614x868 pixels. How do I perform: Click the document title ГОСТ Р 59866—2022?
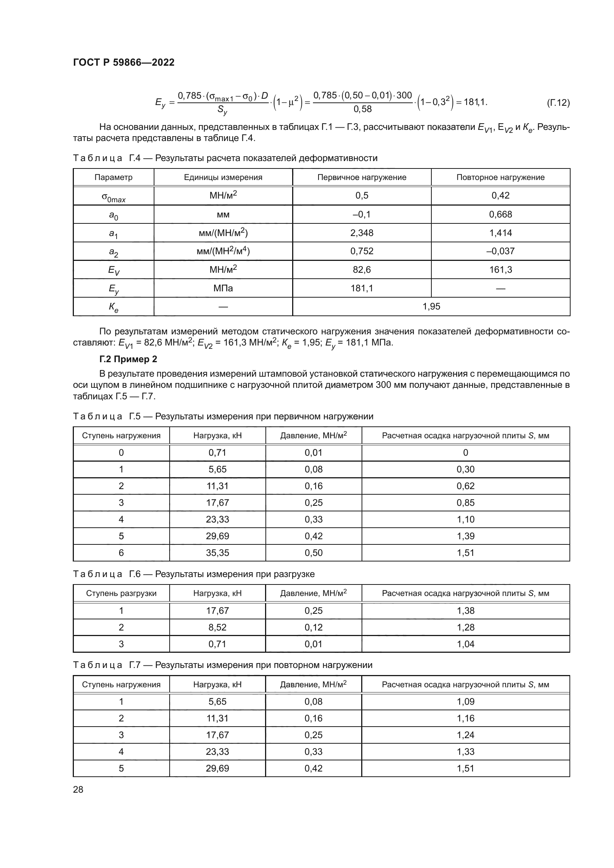coord(124,62)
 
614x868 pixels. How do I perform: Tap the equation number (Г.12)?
coord(558,102)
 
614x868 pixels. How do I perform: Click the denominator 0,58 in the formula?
coord(362,109)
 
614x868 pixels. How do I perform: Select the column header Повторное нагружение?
coord(500,177)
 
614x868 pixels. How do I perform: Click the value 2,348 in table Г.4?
coord(362,233)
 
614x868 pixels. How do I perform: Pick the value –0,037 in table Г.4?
coord(500,251)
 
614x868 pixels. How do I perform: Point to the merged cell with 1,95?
coord(431,307)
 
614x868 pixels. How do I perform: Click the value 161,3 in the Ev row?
coord(500,269)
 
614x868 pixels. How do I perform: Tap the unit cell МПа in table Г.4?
coord(223,288)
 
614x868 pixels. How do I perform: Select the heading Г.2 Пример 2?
coord(128,359)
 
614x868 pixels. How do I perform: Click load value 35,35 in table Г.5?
coord(218,553)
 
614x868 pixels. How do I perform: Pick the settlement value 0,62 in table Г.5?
coord(465,486)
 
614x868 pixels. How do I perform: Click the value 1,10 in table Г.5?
coord(465,520)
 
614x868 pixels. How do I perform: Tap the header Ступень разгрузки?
coord(121,593)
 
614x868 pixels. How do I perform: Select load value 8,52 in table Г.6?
coord(218,627)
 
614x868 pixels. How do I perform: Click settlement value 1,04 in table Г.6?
coord(465,644)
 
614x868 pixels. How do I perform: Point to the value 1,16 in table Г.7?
coord(465,718)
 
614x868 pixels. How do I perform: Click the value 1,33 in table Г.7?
coord(465,751)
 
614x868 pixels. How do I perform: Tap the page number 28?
coord(78,789)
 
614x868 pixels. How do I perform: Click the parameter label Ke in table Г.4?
coord(114,307)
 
